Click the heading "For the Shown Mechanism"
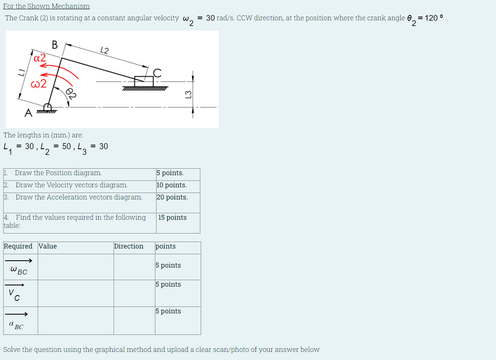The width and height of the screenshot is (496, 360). [46, 6]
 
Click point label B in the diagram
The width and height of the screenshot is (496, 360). [54, 45]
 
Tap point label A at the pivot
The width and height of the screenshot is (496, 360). [28, 113]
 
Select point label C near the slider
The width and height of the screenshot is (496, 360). [157, 72]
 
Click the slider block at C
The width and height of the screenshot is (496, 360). [144, 81]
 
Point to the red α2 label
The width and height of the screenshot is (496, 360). [40, 58]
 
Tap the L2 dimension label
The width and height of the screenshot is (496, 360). [104, 51]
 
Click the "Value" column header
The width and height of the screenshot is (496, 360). [48, 246]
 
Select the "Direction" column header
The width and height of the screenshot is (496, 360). [129, 246]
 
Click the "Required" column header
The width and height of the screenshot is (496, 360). [18, 246]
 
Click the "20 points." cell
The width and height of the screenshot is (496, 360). [172, 197]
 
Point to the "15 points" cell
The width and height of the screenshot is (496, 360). [172, 218]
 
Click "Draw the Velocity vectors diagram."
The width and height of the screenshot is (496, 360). [72, 185]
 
